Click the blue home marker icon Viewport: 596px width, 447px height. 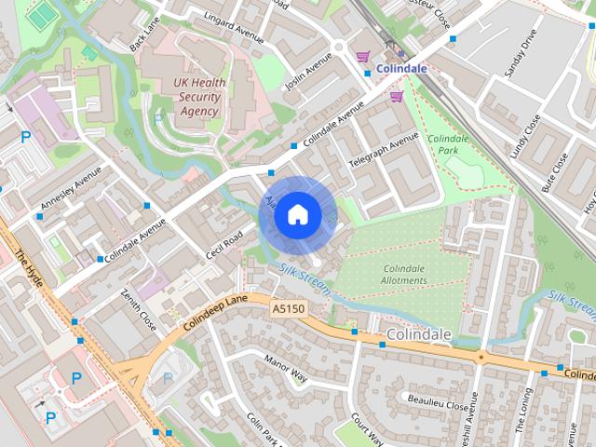(x=297, y=215)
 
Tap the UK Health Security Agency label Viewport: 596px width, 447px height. (x=199, y=97)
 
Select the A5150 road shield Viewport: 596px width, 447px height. (x=288, y=307)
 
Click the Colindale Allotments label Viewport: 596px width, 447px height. (x=404, y=275)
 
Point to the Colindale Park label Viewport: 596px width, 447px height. (x=448, y=144)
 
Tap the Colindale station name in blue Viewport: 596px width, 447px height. (x=401, y=68)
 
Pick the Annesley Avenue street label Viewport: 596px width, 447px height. (x=71, y=188)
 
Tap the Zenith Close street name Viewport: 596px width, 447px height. (x=138, y=309)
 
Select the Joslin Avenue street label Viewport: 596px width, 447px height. (x=308, y=71)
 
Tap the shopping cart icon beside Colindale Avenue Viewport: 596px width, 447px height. (x=397, y=96)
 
